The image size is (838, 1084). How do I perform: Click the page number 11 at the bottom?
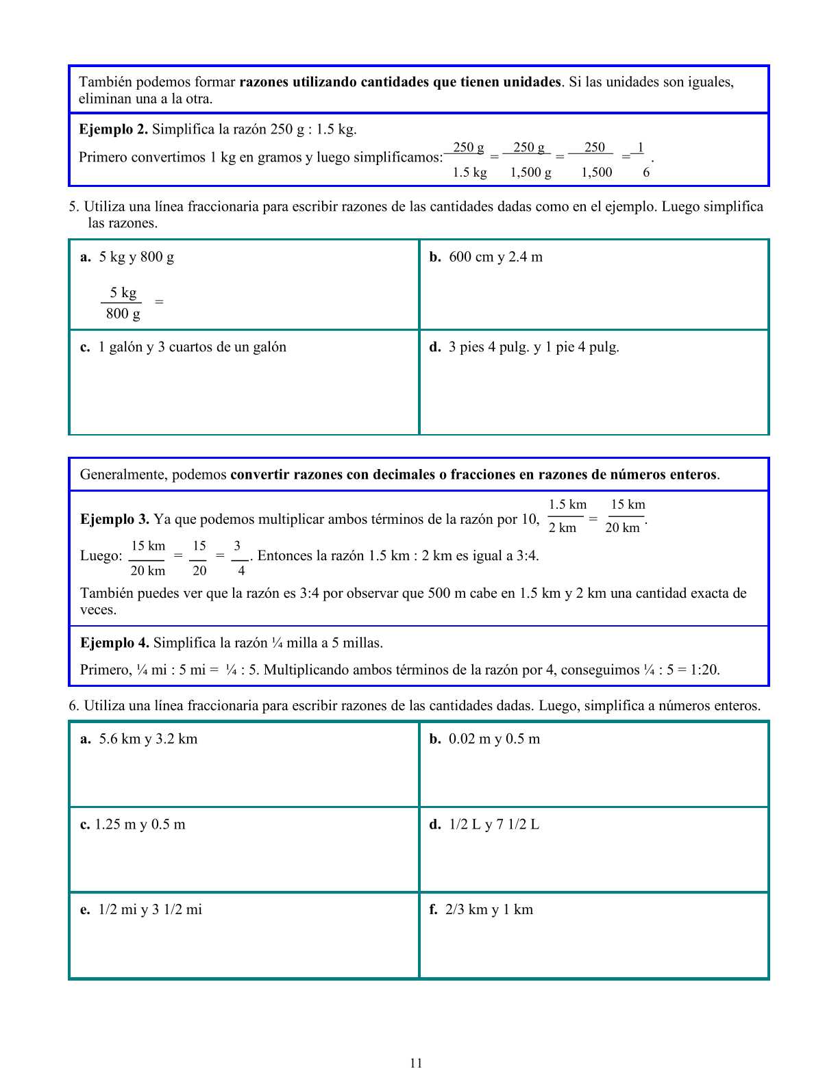click(x=416, y=1063)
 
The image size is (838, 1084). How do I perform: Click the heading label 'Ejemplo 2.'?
click(x=113, y=129)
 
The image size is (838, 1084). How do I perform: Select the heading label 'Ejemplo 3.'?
click(x=114, y=519)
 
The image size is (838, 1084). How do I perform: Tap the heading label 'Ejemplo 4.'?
click(x=114, y=643)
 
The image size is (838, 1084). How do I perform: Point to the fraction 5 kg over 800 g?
click(x=123, y=303)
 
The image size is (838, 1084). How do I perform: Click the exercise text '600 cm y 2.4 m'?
click(x=495, y=257)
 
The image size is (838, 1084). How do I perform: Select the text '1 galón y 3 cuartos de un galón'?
click(x=192, y=347)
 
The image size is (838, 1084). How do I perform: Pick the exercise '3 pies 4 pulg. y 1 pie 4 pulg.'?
click(x=534, y=347)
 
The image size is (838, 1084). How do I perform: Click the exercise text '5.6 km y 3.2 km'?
click(x=148, y=739)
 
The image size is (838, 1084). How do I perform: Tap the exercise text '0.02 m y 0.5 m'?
click(x=494, y=739)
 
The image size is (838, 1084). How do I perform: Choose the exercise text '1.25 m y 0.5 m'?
click(x=140, y=824)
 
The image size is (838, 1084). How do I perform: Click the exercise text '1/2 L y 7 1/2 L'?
click(x=494, y=824)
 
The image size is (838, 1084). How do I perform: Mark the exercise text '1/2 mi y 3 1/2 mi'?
click(x=150, y=910)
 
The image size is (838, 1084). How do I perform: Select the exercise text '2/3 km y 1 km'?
click(x=489, y=910)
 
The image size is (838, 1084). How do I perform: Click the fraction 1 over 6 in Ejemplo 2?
click(x=643, y=160)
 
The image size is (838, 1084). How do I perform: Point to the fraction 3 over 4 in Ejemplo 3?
click(x=238, y=558)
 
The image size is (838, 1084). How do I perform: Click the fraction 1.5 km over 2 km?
click(x=566, y=516)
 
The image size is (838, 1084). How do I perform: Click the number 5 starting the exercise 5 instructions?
click(x=72, y=207)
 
